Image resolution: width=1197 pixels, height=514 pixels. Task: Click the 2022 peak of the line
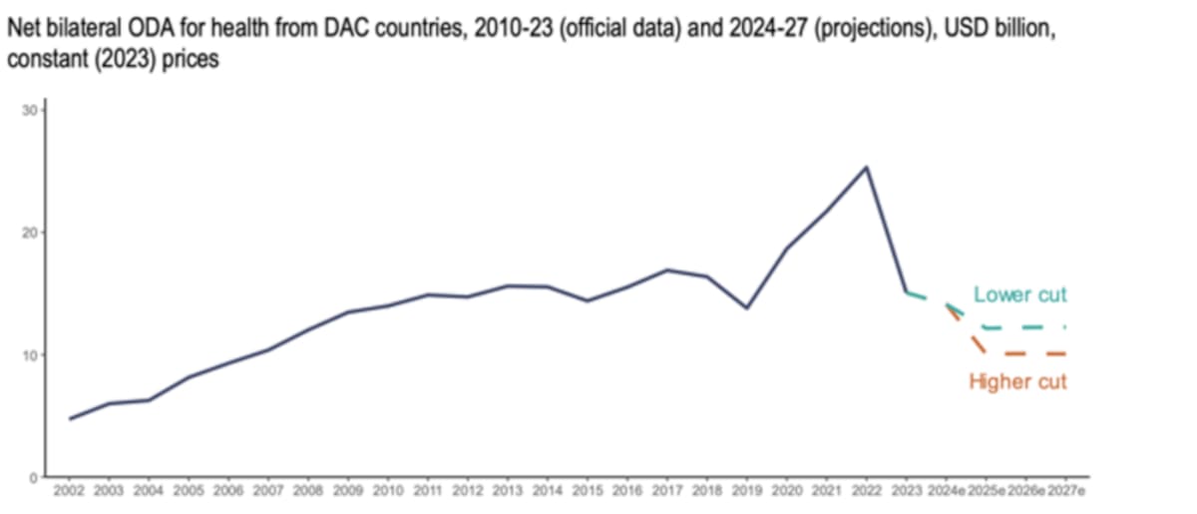pos(866,167)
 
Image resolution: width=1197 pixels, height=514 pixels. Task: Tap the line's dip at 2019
pos(747,307)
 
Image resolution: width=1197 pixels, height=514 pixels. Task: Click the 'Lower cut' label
pos(1019,294)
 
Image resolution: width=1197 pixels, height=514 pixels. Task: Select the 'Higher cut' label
pos(1017,382)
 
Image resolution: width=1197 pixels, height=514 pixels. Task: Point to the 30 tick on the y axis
pos(30,110)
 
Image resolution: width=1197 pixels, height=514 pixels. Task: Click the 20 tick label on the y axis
pos(30,233)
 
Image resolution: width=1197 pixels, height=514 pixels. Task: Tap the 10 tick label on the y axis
pos(30,355)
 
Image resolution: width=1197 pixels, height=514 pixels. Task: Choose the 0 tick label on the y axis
pos(33,477)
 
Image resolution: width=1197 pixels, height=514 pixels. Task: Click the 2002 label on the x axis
pos(69,492)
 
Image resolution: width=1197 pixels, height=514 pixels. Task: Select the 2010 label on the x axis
pos(388,492)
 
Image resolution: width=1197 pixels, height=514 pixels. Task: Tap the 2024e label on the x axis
pos(946,492)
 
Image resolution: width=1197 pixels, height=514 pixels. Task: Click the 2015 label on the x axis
pos(588,492)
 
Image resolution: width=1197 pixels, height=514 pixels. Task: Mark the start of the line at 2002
pos(69,418)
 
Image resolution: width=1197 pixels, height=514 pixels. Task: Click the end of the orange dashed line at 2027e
pos(1065,353)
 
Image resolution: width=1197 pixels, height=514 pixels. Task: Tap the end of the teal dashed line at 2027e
pos(1065,326)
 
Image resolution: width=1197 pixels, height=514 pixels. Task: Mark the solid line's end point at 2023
pos(906,292)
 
